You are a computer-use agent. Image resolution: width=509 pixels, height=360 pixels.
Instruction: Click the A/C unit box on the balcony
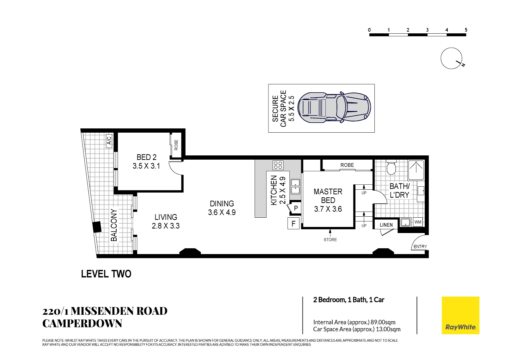(x=109, y=141)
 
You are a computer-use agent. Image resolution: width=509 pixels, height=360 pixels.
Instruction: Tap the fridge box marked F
(x=293, y=223)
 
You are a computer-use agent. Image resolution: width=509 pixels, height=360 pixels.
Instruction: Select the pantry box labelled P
(x=295, y=208)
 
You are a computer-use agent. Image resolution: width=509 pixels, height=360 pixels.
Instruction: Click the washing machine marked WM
(x=418, y=222)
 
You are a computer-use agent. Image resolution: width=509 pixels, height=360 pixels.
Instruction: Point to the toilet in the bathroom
(x=391, y=167)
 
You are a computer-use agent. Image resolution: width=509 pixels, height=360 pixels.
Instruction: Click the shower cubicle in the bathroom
(x=416, y=170)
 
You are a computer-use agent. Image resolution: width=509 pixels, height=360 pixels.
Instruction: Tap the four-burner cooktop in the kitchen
(x=278, y=165)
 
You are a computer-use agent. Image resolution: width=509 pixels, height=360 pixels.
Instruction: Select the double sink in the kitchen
(x=295, y=186)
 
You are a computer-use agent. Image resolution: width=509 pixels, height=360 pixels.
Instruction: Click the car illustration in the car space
(x=334, y=108)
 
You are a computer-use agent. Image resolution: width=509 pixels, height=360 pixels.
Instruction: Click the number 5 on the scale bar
(x=466, y=30)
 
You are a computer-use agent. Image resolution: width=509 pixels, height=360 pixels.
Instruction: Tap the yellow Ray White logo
(x=460, y=315)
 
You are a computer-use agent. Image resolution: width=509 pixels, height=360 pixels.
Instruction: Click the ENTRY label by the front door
(x=420, y=247)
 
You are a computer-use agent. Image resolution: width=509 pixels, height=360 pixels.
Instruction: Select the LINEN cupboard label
(x=386, y=225)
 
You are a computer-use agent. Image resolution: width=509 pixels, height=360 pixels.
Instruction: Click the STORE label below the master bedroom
(x=330, y=239)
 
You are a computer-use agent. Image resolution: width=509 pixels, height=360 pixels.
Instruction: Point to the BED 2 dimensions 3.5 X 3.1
(x=146, y=166)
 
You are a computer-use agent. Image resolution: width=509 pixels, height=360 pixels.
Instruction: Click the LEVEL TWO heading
(x=106, y=274)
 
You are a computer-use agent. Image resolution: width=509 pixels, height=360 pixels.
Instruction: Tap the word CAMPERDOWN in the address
(x=82, y=323)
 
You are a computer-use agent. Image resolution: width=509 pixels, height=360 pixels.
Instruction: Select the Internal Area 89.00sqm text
(x=354, y=322)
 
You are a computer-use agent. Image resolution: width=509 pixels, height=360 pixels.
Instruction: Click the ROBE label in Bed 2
(x=176, y=145)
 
